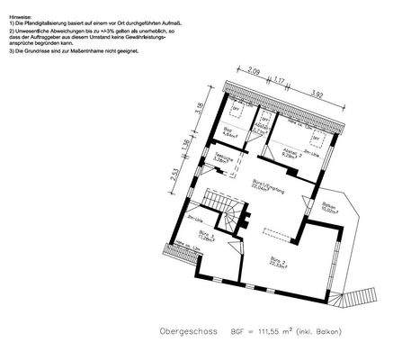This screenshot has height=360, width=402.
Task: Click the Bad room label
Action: point(230,134)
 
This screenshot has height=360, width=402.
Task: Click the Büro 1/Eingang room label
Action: point(263,186)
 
